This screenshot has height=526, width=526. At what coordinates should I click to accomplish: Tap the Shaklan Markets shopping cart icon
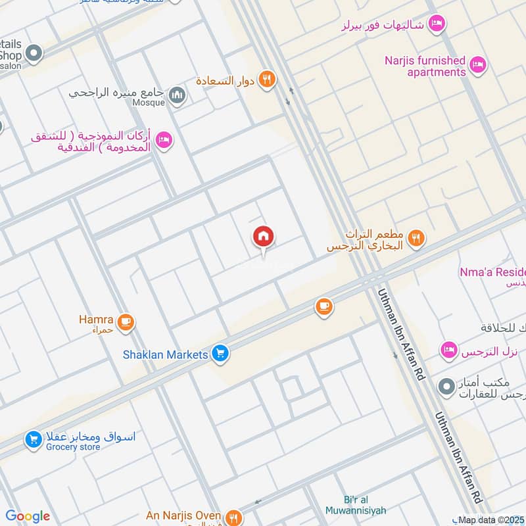pos(220,354)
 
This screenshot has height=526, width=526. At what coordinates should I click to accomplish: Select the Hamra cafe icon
pos(126,322)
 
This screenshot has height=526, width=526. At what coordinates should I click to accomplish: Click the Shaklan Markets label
pos(166,354)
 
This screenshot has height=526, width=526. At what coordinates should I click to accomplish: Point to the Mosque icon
pos(177,97)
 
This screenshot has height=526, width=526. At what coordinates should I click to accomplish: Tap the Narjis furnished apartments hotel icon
pos(478,64)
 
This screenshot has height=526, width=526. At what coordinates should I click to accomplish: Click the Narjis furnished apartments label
pos(425,66)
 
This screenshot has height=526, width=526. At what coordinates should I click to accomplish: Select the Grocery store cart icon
pos(34,439)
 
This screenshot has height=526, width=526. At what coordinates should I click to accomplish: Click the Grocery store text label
pos(73,447)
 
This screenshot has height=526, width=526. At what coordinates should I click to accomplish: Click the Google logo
pos(27,516)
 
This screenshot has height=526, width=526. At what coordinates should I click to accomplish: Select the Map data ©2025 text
pos(487,520)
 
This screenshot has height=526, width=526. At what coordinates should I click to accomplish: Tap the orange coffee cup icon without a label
pos(323,306)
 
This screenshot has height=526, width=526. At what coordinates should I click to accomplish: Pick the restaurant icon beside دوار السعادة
pos(266,80)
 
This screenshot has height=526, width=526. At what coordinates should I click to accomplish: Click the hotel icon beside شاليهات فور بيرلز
pos(436,25)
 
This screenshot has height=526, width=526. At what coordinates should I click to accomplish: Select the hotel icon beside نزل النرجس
pos(449,350)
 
